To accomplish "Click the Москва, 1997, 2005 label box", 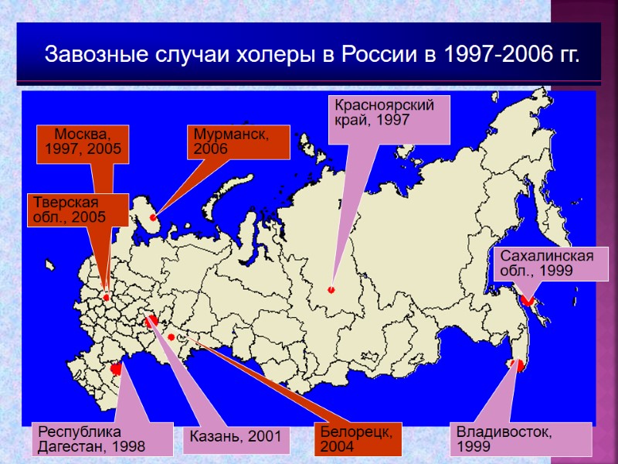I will [83, 142].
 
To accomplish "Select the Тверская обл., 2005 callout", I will [77, 209].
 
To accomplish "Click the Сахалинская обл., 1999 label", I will [545, 264].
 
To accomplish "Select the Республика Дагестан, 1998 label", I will [100, 438].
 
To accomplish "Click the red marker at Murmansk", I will [153, 218].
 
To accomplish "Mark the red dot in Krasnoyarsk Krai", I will [331, 290].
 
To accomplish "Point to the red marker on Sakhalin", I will [528, 300].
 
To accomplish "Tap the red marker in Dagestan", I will [117, 370].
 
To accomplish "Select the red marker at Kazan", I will [151, 320].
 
